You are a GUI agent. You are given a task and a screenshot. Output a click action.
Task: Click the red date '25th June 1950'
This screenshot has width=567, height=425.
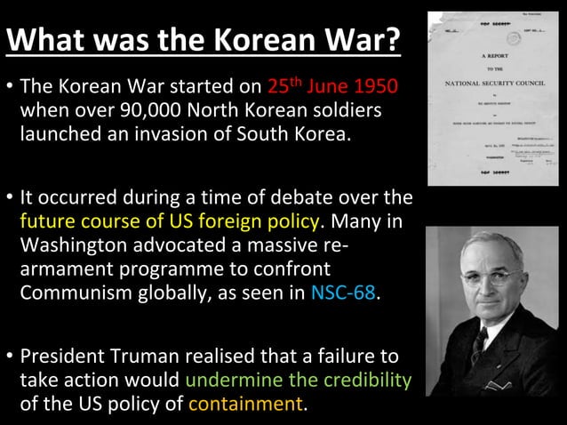[332, 88]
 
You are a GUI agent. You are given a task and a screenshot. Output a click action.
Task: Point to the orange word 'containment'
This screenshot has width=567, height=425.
[246, 405]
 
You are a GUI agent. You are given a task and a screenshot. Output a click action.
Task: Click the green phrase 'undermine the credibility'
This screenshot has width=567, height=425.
[299, 381]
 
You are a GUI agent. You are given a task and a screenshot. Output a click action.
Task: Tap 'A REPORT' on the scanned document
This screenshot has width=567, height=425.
[494, 55]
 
